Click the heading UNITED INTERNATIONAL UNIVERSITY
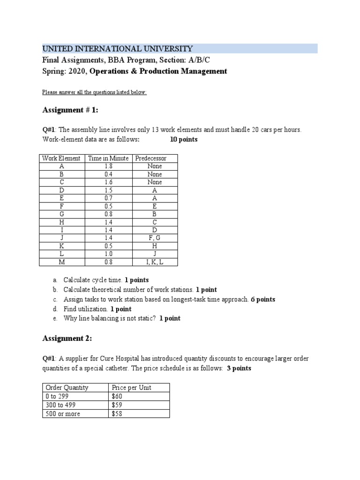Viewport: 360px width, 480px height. point(117,48)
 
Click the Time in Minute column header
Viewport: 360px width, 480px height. point(108,158)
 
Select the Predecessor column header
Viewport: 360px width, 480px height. point(150,158)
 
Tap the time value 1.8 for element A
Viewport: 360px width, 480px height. point(108,166)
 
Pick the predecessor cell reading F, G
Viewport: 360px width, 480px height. point(154,238)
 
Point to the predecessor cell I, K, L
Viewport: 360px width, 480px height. point(154,262)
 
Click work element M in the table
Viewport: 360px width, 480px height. point(61,262)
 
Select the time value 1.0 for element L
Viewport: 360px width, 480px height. point(108,254)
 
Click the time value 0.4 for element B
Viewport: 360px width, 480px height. point(108,174)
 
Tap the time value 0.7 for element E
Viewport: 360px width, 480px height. point(108,198)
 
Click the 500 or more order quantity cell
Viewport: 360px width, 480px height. point(62,413)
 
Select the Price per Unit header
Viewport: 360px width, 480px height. point(131,388)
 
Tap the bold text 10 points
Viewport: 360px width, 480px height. point(184,140)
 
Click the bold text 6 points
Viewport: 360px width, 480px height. point(263,299)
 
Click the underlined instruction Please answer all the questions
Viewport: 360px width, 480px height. point(94,92)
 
